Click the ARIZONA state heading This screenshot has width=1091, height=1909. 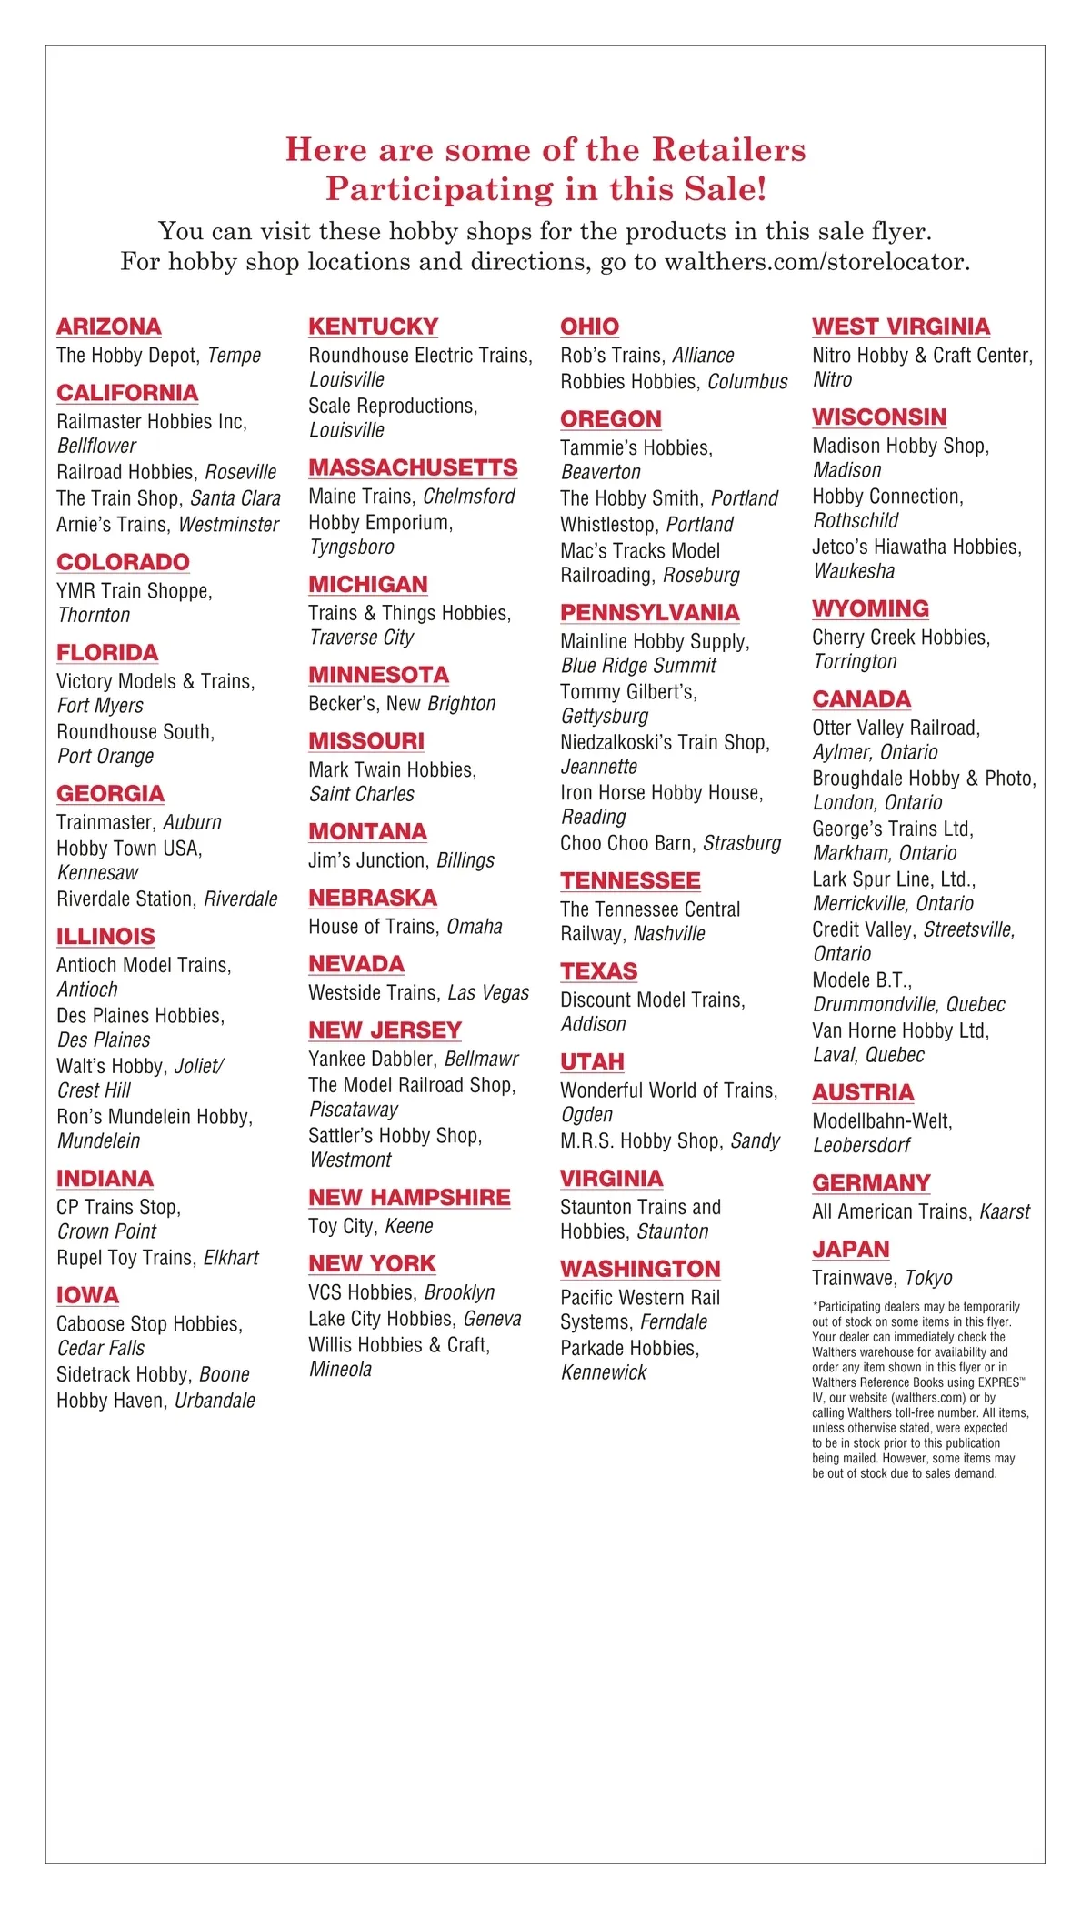pos(109,327)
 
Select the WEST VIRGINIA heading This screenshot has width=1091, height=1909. pos(901,327)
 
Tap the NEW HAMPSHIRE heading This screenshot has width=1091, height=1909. pos(409,1197)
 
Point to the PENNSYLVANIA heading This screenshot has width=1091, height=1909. pos(649,612)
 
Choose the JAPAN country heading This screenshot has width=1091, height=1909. pos(850,1249)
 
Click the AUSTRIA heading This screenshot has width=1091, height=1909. pos(863,1091)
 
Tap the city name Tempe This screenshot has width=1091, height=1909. pos(235,356)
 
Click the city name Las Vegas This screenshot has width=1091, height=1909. pos(488,993)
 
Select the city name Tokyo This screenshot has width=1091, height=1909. pos(928,1278)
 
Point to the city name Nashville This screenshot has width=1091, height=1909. pos(669,934)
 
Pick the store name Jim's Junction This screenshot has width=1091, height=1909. pos(367,860)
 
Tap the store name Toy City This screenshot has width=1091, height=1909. pos(341,1226)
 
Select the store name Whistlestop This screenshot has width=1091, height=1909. pos(607,525)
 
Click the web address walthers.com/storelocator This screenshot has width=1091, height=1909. pos(816,262)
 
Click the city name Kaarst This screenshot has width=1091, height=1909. pos(1005,1211)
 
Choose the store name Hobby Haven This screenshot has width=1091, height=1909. pos(110,1401)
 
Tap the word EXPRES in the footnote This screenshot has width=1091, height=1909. pos(996,1382)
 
